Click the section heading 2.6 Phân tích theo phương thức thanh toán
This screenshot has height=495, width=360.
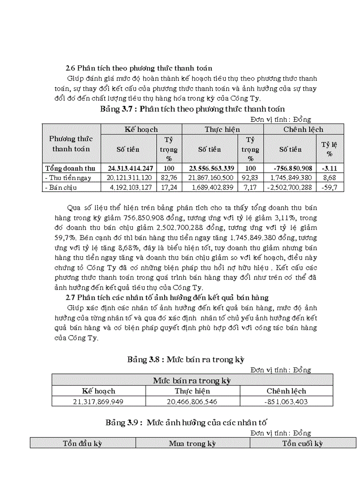139,68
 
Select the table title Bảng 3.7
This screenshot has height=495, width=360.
192,108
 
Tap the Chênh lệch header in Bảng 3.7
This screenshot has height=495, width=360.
303,129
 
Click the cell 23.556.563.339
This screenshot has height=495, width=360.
211,168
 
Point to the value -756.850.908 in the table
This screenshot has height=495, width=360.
292,168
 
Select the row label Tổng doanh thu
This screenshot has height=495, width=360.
70,168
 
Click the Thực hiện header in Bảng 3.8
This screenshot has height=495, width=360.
192,391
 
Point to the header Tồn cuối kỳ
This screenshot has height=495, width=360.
302,443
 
